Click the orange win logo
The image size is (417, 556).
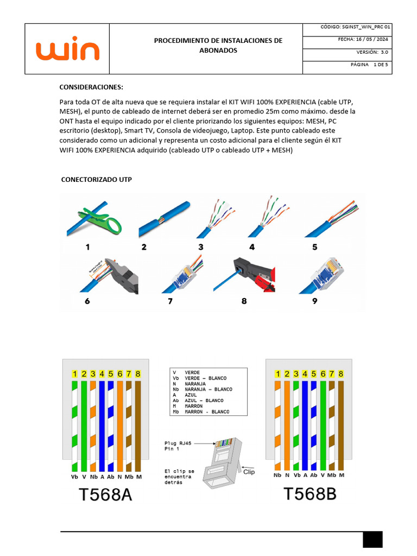(x=68, y=49)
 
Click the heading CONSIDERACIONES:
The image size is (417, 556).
(x=91, y=87)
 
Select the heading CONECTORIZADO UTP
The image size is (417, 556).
(x=96, y=179)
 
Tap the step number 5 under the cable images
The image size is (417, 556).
(x=314, y=247)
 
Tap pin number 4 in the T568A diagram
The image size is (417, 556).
(x=102, y=374)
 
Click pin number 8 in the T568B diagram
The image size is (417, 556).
(x=340, y=374)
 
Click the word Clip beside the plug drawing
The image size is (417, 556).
(x=249, y=472)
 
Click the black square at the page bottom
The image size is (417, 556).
(x=373, y=539)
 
